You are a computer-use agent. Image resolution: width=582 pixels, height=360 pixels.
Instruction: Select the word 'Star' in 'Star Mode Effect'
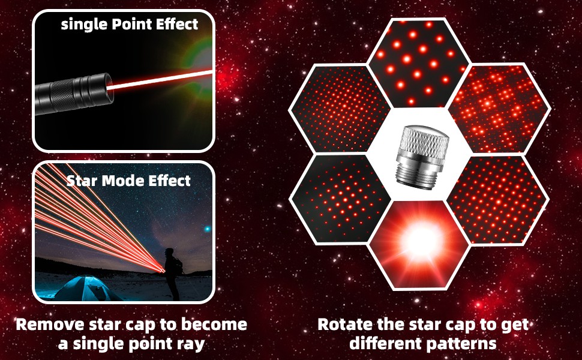82,181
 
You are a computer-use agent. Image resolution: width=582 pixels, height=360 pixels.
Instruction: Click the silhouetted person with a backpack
173,274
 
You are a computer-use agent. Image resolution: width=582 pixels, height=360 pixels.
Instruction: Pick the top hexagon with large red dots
419,62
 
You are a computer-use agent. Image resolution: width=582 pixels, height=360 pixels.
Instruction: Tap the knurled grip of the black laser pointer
62,95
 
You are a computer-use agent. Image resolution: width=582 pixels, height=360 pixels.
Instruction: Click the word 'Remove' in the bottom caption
50,325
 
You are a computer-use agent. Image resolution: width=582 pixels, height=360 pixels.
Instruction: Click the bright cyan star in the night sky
207,229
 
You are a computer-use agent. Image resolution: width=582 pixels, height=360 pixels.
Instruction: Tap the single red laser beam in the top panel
160,80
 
